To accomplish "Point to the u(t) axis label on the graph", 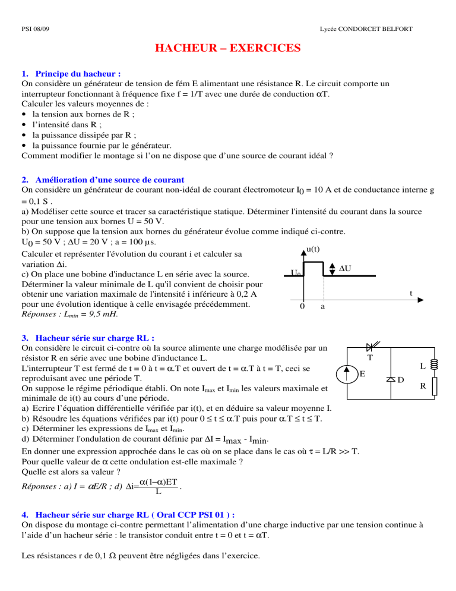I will pyautogui.click(x=314, y=250).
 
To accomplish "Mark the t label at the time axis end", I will pyautogui.click(x=411, y=293).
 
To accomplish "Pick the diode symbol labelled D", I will pyautogui.click(x=391, y=379).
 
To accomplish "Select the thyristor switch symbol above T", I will pyautogui.click(x=373, y=346).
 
